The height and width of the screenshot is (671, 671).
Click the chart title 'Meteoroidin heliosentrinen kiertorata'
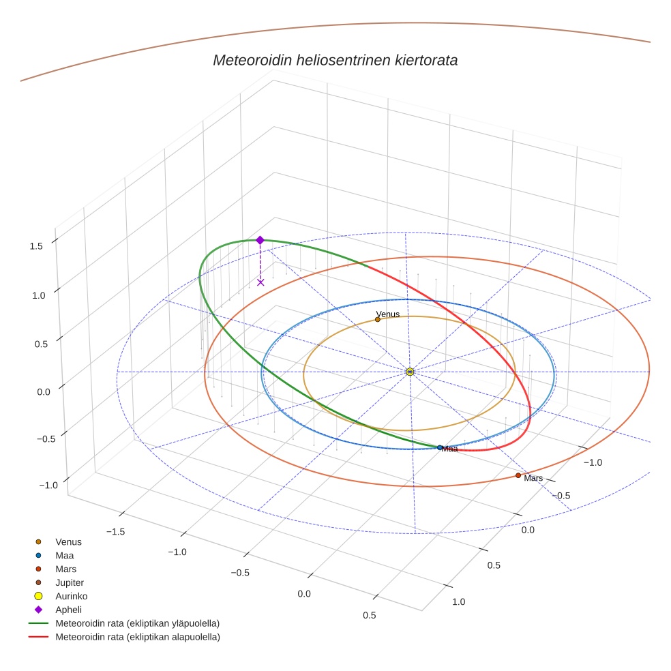335,60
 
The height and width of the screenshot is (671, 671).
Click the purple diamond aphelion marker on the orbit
260,240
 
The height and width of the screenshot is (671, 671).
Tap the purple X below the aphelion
260,282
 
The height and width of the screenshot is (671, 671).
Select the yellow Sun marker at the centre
410,372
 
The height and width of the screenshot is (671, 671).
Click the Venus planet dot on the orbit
378,319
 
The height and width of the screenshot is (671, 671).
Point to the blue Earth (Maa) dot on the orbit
440,447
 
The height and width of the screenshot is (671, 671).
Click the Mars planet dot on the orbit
518,475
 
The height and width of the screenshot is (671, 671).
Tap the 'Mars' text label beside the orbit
533,478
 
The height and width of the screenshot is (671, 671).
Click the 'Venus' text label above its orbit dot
388,314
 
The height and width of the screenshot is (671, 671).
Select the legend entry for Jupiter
70,582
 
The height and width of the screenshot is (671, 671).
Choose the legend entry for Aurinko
71,596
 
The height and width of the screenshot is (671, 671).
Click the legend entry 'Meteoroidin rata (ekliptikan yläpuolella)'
137,623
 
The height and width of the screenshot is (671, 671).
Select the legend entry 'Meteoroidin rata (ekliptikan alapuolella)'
137,637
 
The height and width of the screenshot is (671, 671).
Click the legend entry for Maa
64,555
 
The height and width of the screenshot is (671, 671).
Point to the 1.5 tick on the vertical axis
37,245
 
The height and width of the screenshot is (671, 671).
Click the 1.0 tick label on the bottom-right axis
458,601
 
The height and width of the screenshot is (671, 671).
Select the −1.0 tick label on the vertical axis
48,484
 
